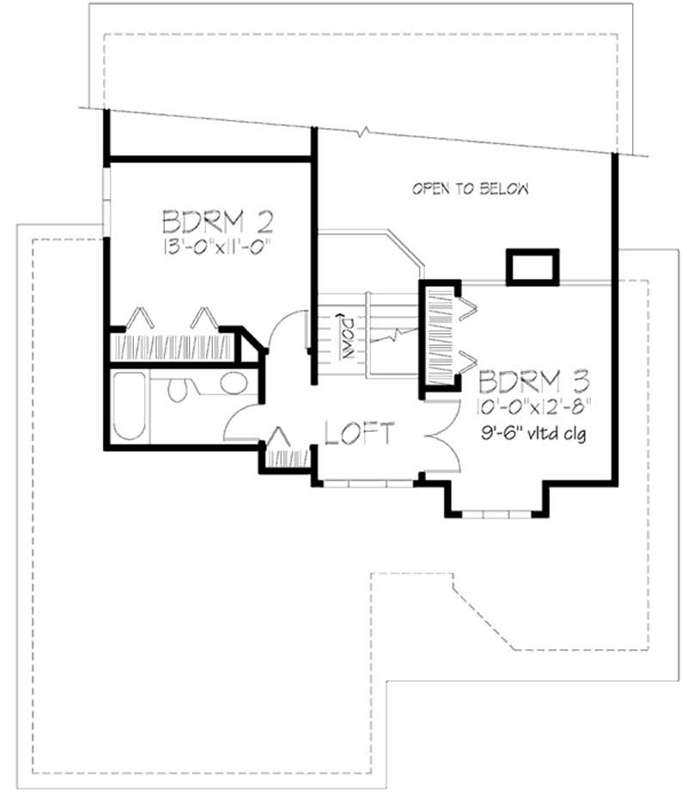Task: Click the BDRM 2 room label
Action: point(218,223)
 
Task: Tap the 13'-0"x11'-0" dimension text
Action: point(218,250)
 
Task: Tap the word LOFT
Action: point(360,434)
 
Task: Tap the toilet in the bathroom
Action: point(179,388)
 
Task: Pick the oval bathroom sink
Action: point(233,383)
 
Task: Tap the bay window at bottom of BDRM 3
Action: point(497,514)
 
